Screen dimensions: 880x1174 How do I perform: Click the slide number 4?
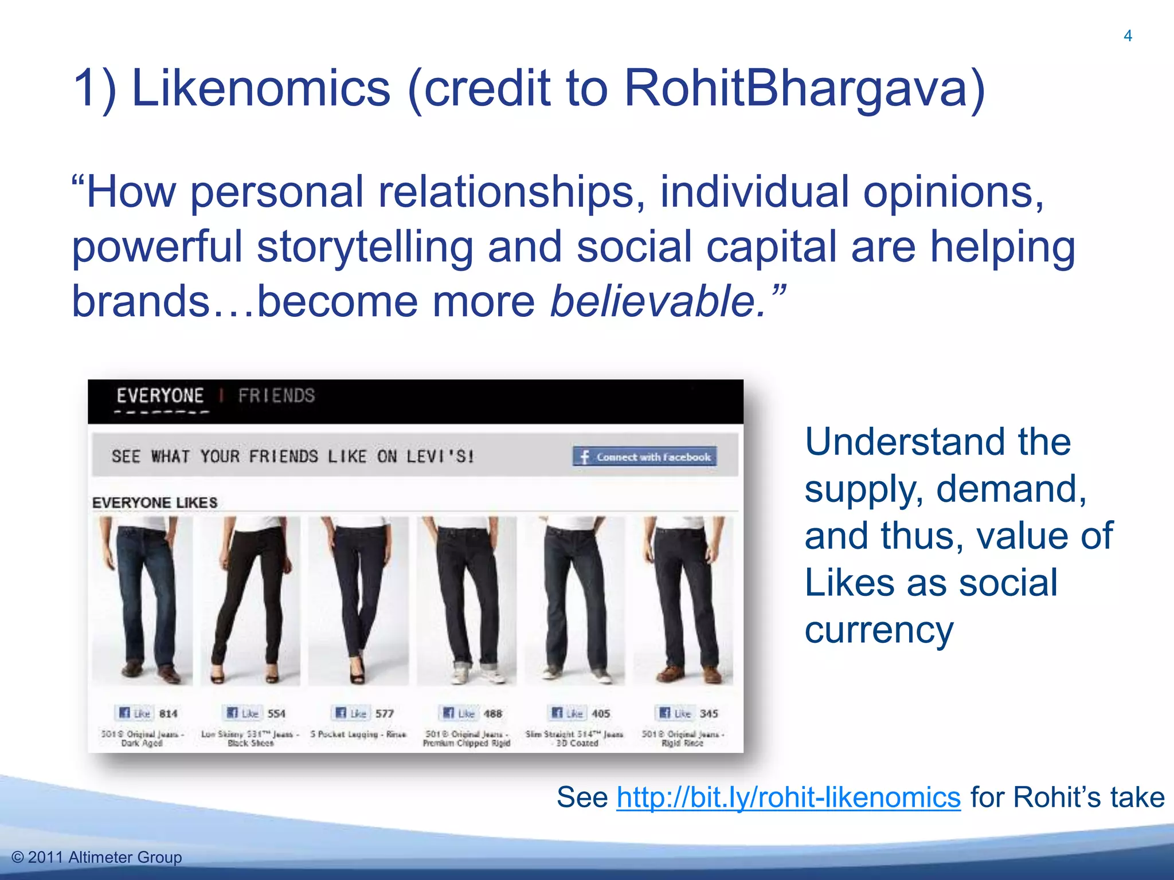1128,36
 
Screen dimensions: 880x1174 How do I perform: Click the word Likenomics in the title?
261,88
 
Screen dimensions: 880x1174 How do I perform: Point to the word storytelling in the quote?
365,246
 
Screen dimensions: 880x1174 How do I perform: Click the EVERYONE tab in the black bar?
160,396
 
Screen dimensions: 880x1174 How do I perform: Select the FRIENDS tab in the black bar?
276,396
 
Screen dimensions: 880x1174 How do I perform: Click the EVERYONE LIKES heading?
155,502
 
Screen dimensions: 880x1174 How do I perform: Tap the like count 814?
168,713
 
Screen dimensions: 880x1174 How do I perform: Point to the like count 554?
276,713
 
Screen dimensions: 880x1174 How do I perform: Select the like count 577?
385,713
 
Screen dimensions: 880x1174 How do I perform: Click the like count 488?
493,713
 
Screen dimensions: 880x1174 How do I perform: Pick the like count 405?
601,713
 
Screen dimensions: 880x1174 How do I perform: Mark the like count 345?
709,713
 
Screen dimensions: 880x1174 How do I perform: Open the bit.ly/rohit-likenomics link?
788,797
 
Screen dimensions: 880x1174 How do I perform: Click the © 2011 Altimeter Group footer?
96,857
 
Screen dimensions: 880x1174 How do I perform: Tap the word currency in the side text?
879,630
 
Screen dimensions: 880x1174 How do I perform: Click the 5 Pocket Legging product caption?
358,734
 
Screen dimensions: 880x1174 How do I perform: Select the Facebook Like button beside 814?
134,713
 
